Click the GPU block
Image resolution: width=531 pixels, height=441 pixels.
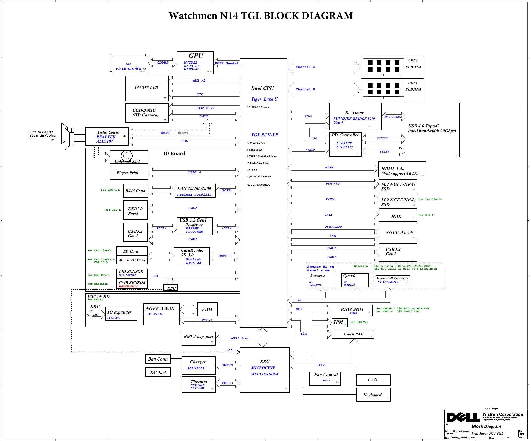pos(195,63)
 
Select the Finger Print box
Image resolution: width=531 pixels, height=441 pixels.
pos(129,173)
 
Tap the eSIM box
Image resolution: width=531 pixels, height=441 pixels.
pos(207,310)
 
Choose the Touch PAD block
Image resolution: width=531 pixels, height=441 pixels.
pos(353,334)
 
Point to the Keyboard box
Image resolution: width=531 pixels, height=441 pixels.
pos(373,395)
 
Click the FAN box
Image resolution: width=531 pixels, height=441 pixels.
pos(373,379)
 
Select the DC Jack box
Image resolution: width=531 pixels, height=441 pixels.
pos(158,372)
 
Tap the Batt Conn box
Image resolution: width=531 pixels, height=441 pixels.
pos(158,359)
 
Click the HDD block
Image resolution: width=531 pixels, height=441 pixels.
pos(397,216)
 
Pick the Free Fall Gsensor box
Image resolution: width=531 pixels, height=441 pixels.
pos(392,280)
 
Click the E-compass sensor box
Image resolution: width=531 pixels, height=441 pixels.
pos(320,280)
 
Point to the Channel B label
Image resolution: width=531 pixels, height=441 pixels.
pos(305,89)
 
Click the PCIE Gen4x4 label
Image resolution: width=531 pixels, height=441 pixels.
pos(226,63)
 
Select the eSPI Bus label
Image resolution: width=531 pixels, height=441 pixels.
pos(239,338)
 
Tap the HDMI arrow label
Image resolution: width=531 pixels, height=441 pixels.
pos(329,167)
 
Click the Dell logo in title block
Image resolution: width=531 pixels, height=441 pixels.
pos(462,417)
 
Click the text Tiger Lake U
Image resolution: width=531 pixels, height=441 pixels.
pos(264,99)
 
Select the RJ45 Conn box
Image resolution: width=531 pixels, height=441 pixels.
pos(135,191)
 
